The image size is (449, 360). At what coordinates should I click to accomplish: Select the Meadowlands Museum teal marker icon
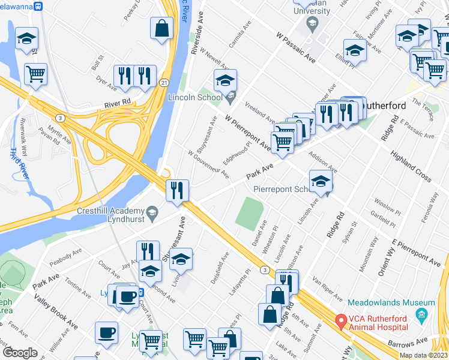pyautogui.click(x=422, y=314)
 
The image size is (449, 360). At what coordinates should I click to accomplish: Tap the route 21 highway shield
pyautogui.click(x=163, y=80)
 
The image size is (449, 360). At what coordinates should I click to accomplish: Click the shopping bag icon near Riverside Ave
pyautogui.click(x=161, y=28)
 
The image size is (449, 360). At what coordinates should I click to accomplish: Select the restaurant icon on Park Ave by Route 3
pyautogui.click(x=178, y=191)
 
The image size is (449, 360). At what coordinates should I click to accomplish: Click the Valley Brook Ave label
pyautogui.click(x=56, y=313)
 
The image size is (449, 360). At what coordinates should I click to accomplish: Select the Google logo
pyautogui.click(x=20, y=353)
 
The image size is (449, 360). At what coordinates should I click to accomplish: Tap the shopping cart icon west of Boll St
pyautogui.click(x=36, y=74)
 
